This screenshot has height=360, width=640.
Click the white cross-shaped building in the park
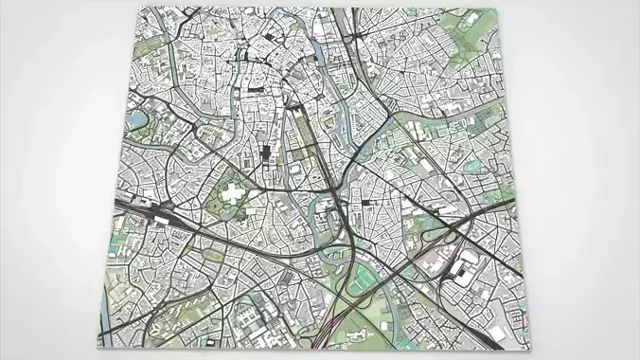(x=235, y=196)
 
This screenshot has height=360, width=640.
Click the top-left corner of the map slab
(x=138, y=9)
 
